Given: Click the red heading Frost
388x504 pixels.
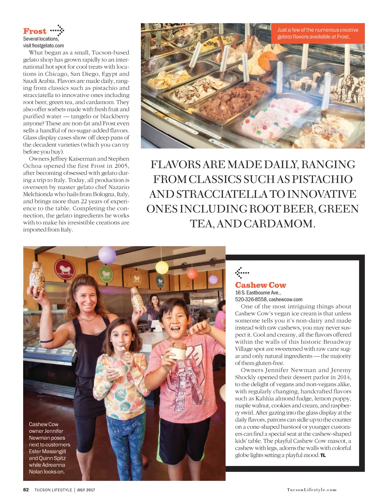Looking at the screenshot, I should pyautogui.click(x=34, y=31).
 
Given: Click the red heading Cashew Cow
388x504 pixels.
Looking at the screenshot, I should pyautogui.click(x=260, y=285).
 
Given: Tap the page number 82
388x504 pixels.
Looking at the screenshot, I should pyautogui.click(x=26, y=490).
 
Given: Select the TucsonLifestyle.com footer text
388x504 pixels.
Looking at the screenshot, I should pyautogui.click(x=311, y=490).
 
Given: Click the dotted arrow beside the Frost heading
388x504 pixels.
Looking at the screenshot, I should pyautogui.click(x=57, y=30).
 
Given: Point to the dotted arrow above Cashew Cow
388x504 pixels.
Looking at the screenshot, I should pyautogui.click(x=242, y=272).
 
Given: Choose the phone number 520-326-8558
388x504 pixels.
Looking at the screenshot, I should pyautogui.click(x=250, y=299).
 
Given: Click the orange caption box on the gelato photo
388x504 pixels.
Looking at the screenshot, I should pyautogui.click(x=318, y=33).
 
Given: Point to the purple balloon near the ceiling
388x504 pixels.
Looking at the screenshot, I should pyautogui.click(x=107, y=255).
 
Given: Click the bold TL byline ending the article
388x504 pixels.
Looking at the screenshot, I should pyautogui.click(x=323, y=455).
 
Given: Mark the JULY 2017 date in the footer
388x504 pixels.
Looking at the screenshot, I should pyautogui.click(x=86, y=490).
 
